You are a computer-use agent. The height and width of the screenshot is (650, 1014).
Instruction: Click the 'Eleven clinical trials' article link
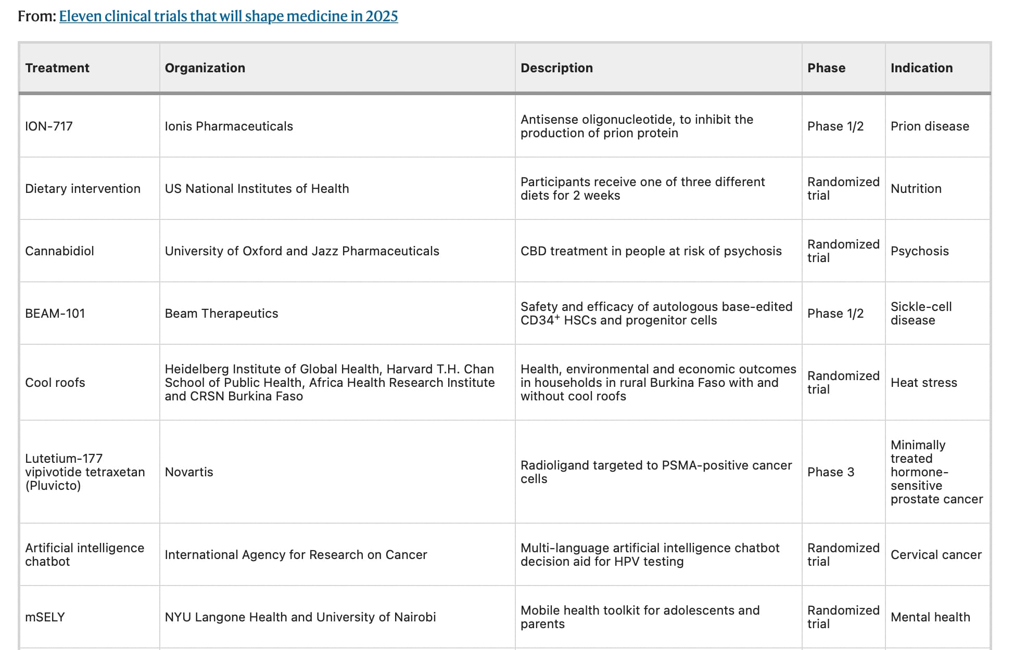[229, 16]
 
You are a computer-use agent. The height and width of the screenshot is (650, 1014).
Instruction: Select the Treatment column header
[57, 68]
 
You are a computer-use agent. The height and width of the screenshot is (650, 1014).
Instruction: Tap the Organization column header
[205, 68]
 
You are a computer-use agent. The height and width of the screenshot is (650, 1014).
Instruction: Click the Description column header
[556, 68]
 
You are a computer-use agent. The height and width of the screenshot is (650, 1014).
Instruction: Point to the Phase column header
[826, 68]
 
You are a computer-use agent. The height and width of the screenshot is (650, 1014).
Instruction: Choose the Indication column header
[921, 68]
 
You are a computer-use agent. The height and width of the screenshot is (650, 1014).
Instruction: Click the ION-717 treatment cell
[49, 126]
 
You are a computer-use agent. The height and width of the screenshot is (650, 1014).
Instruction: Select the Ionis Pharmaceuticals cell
[229, 126]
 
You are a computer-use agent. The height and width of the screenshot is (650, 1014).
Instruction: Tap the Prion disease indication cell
[930, 126]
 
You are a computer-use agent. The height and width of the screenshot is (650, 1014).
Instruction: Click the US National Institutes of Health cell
[257, 189]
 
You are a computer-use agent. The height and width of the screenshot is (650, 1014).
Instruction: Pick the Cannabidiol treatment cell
[59, 251]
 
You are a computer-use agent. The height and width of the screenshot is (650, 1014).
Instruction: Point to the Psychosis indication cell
[920, 251]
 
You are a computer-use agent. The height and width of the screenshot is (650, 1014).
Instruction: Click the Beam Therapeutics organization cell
[222, 314]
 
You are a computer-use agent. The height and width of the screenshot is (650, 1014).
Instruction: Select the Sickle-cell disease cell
[921, 314]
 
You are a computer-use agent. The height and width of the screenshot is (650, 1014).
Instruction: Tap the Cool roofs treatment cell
[55, 383]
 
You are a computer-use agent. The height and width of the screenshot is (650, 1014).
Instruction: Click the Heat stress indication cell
[924, 383]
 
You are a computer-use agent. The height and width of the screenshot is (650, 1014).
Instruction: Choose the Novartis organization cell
[189, 472]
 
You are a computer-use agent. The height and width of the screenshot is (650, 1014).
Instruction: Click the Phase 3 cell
[831, 472]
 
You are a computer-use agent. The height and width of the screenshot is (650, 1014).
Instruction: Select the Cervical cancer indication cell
[936, 555]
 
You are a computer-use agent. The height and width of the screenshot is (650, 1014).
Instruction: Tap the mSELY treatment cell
[45, 617]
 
